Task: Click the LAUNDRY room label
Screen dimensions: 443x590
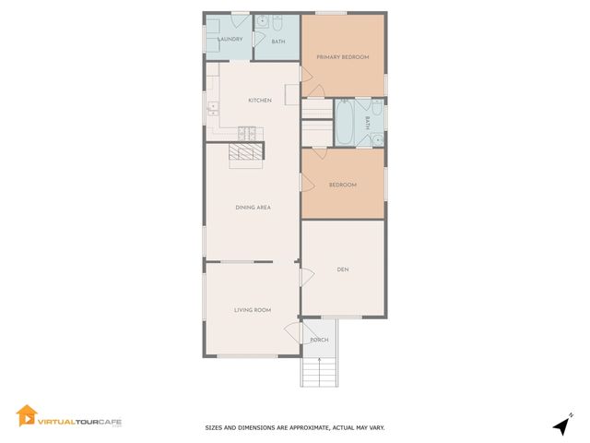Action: coord(230,40)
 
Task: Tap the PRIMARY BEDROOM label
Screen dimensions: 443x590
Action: coord(343,57)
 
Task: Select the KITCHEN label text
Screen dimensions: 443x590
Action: coord(259,100)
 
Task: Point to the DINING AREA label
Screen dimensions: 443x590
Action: coord(252,208)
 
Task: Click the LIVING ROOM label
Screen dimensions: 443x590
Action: coord(252,310)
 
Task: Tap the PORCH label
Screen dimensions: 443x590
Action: coord(319,340)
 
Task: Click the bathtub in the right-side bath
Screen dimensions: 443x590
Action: coord(345,123)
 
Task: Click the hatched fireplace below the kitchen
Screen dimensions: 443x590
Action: coord(246,153)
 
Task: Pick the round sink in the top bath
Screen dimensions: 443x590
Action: coord(261,20)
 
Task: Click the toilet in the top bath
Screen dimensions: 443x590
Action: coord(276,23)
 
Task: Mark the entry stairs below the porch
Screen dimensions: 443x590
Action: coord(319,371)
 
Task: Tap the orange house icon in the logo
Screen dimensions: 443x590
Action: coord(26,416)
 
